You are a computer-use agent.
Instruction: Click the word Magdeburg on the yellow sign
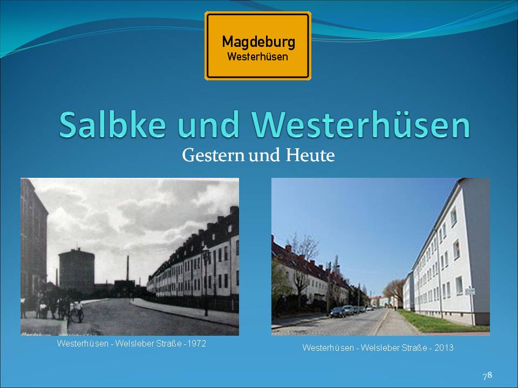[x=258, y=42]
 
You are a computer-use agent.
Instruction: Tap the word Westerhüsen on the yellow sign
[x=258, y=57]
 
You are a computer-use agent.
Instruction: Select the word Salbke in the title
[x=112, y=124]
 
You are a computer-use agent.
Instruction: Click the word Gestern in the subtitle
[x=214, y=155]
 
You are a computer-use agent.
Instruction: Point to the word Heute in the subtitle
[x=310, y=155]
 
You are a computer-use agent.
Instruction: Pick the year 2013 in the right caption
[x=444, y=348]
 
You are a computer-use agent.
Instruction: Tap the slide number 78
[x=488, y=376]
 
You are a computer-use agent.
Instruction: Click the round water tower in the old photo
[x=76, y=270]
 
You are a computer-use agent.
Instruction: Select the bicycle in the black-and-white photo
[x=76, y=316]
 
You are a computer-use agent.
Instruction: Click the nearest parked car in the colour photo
[x=338, y=312]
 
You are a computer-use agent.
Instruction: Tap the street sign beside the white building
[x=470, y=292]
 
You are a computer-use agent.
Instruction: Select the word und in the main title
[x=208, y=124]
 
